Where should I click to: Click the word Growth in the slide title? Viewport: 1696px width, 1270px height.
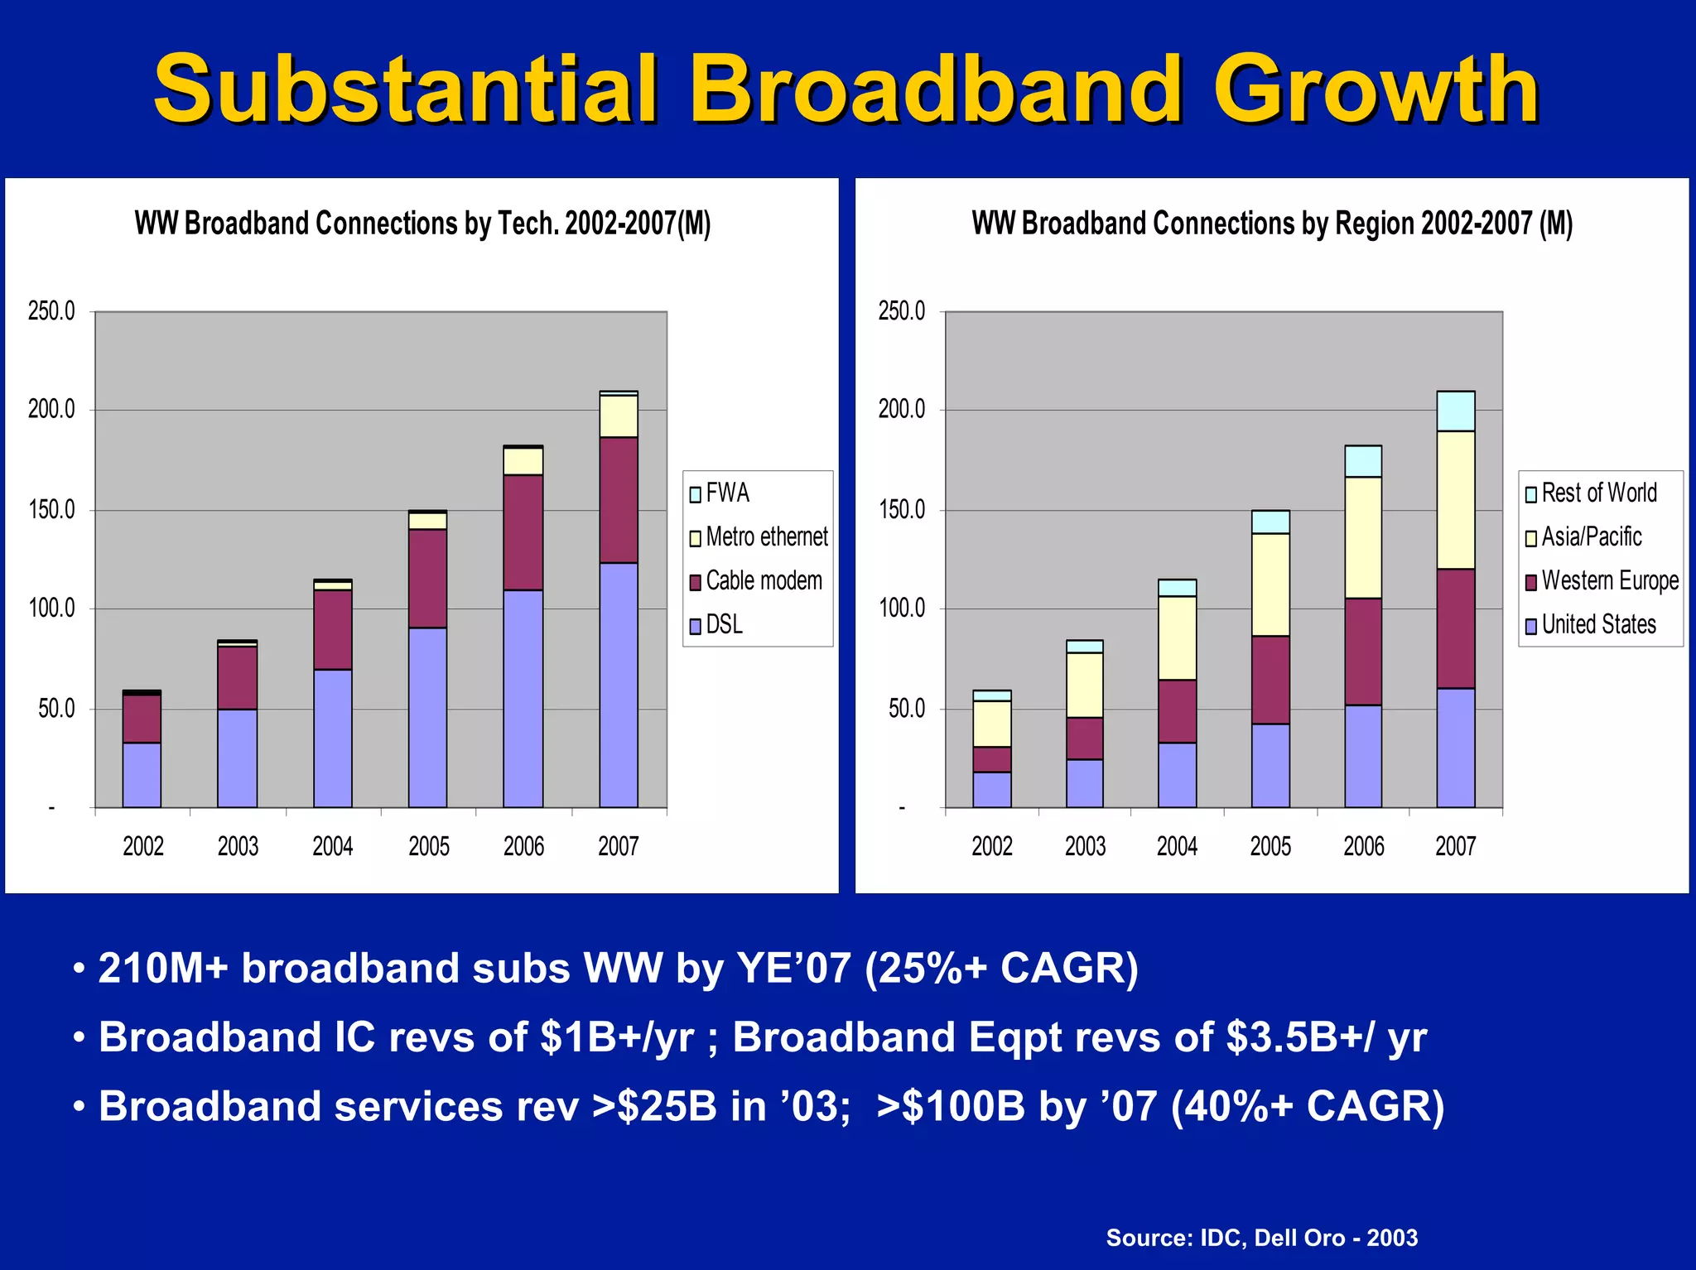(x=1375, y=89)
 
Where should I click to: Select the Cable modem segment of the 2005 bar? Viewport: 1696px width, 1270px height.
(x=427, y=578)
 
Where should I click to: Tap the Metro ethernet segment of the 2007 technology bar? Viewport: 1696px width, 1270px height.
(x=618, y=416)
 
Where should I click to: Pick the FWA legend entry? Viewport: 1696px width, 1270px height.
(x=719, y=493)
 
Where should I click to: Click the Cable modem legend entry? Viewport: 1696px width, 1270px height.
(x=755, y=581)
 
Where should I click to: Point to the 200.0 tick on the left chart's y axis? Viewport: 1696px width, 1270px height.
(x=51, y=409)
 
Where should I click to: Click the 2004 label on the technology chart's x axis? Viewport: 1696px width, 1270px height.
(x=332, y=846)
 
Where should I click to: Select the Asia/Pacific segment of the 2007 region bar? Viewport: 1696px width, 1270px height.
(x=1455, y=499)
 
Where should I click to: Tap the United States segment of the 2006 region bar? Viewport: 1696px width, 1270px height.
(x=1362, y=755)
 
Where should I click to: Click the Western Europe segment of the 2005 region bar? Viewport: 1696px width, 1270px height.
(x=1270, y=680)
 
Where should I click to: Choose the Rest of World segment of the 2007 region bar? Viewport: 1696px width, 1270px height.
(x=1455, y=411)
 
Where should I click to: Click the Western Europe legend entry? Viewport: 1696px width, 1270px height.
(x=1602, y=581)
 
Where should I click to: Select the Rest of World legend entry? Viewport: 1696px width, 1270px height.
(x=1591, y=493)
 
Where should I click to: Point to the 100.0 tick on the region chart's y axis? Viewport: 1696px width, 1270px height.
(x=902, y=609)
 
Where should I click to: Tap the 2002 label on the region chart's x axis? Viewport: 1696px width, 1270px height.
(x=991, y=846)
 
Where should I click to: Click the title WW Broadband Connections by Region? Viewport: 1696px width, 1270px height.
(x=1271, y=224)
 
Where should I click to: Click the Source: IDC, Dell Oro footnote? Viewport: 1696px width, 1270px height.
(x=1261, y=1237)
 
